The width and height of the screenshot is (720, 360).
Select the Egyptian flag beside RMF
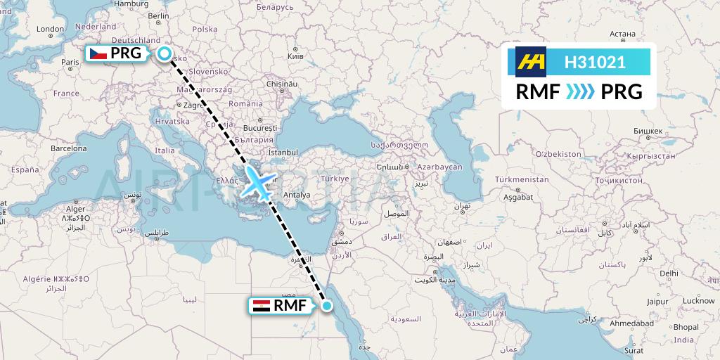coord(261,305)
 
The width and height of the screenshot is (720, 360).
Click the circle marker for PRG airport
coord(165,53)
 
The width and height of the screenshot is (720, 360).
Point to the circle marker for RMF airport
coord(326,305)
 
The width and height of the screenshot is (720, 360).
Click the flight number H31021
coord(595,63)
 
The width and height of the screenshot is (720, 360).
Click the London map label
coord(50,30)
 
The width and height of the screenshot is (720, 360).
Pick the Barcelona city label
coord(68,149)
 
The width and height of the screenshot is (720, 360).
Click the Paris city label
coord(70,62)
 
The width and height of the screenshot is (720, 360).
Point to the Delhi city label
coord(669,273)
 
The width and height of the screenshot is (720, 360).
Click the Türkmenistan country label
coord(521,179)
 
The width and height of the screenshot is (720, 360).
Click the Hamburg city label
coord(131,4)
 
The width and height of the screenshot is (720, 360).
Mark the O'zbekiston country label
coord(559,153)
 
